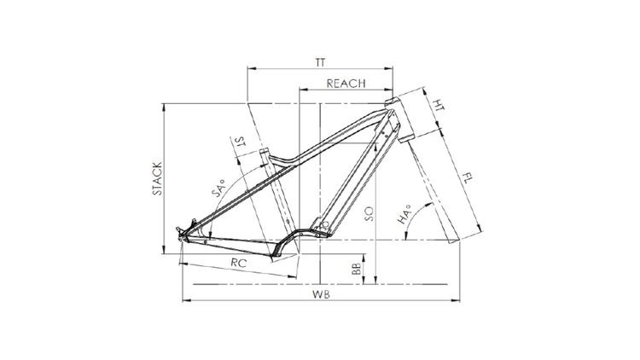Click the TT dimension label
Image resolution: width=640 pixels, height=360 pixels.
(x=320, y=62)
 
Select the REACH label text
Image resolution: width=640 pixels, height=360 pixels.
(x=346, y=84)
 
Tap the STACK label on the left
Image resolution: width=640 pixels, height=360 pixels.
(x=158, y=178)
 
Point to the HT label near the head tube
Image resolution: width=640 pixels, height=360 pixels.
(x=439, y=105)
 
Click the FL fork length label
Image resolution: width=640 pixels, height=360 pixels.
(x=468, y=178)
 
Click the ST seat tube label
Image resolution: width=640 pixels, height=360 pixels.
(x=241, y=142)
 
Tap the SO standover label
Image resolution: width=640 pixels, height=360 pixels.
(x=369, y=214)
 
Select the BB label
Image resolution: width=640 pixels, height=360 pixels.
(x=357, y=268)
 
